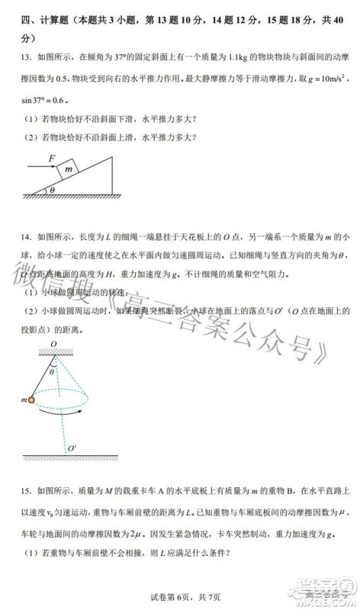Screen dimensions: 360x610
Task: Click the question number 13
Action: tap(25, 58)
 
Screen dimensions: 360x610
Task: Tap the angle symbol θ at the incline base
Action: tap(52, 191)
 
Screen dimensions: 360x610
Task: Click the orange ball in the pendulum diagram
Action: tap(32, 400)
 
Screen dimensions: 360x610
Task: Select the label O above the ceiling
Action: tap(54, 344)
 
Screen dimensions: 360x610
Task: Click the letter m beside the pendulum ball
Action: tap(24, 400)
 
